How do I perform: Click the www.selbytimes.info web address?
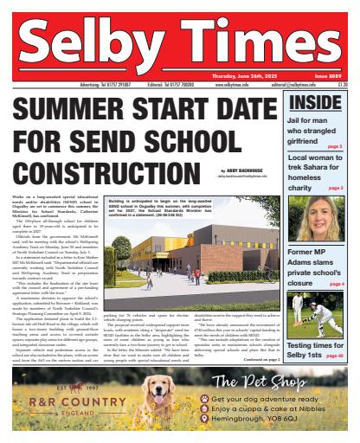215,86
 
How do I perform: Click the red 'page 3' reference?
335,146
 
